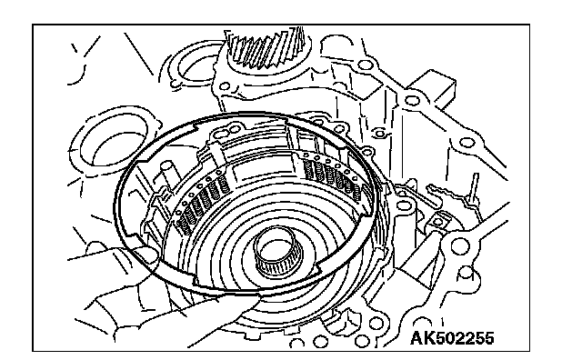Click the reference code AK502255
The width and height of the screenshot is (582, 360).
pyautogui.click(x=452, y=338)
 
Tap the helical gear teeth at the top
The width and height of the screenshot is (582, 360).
pyautogui.click(x=266, y=48)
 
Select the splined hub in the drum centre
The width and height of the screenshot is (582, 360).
pyautogui.click(x=278, y=252)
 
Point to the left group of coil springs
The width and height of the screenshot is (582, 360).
pyautogui.click(x=202, y=202)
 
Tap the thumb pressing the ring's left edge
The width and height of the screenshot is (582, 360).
pyautogui.click(x=145, y=254)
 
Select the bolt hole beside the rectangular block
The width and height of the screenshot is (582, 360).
pyautogui.click(x=412, y=100)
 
